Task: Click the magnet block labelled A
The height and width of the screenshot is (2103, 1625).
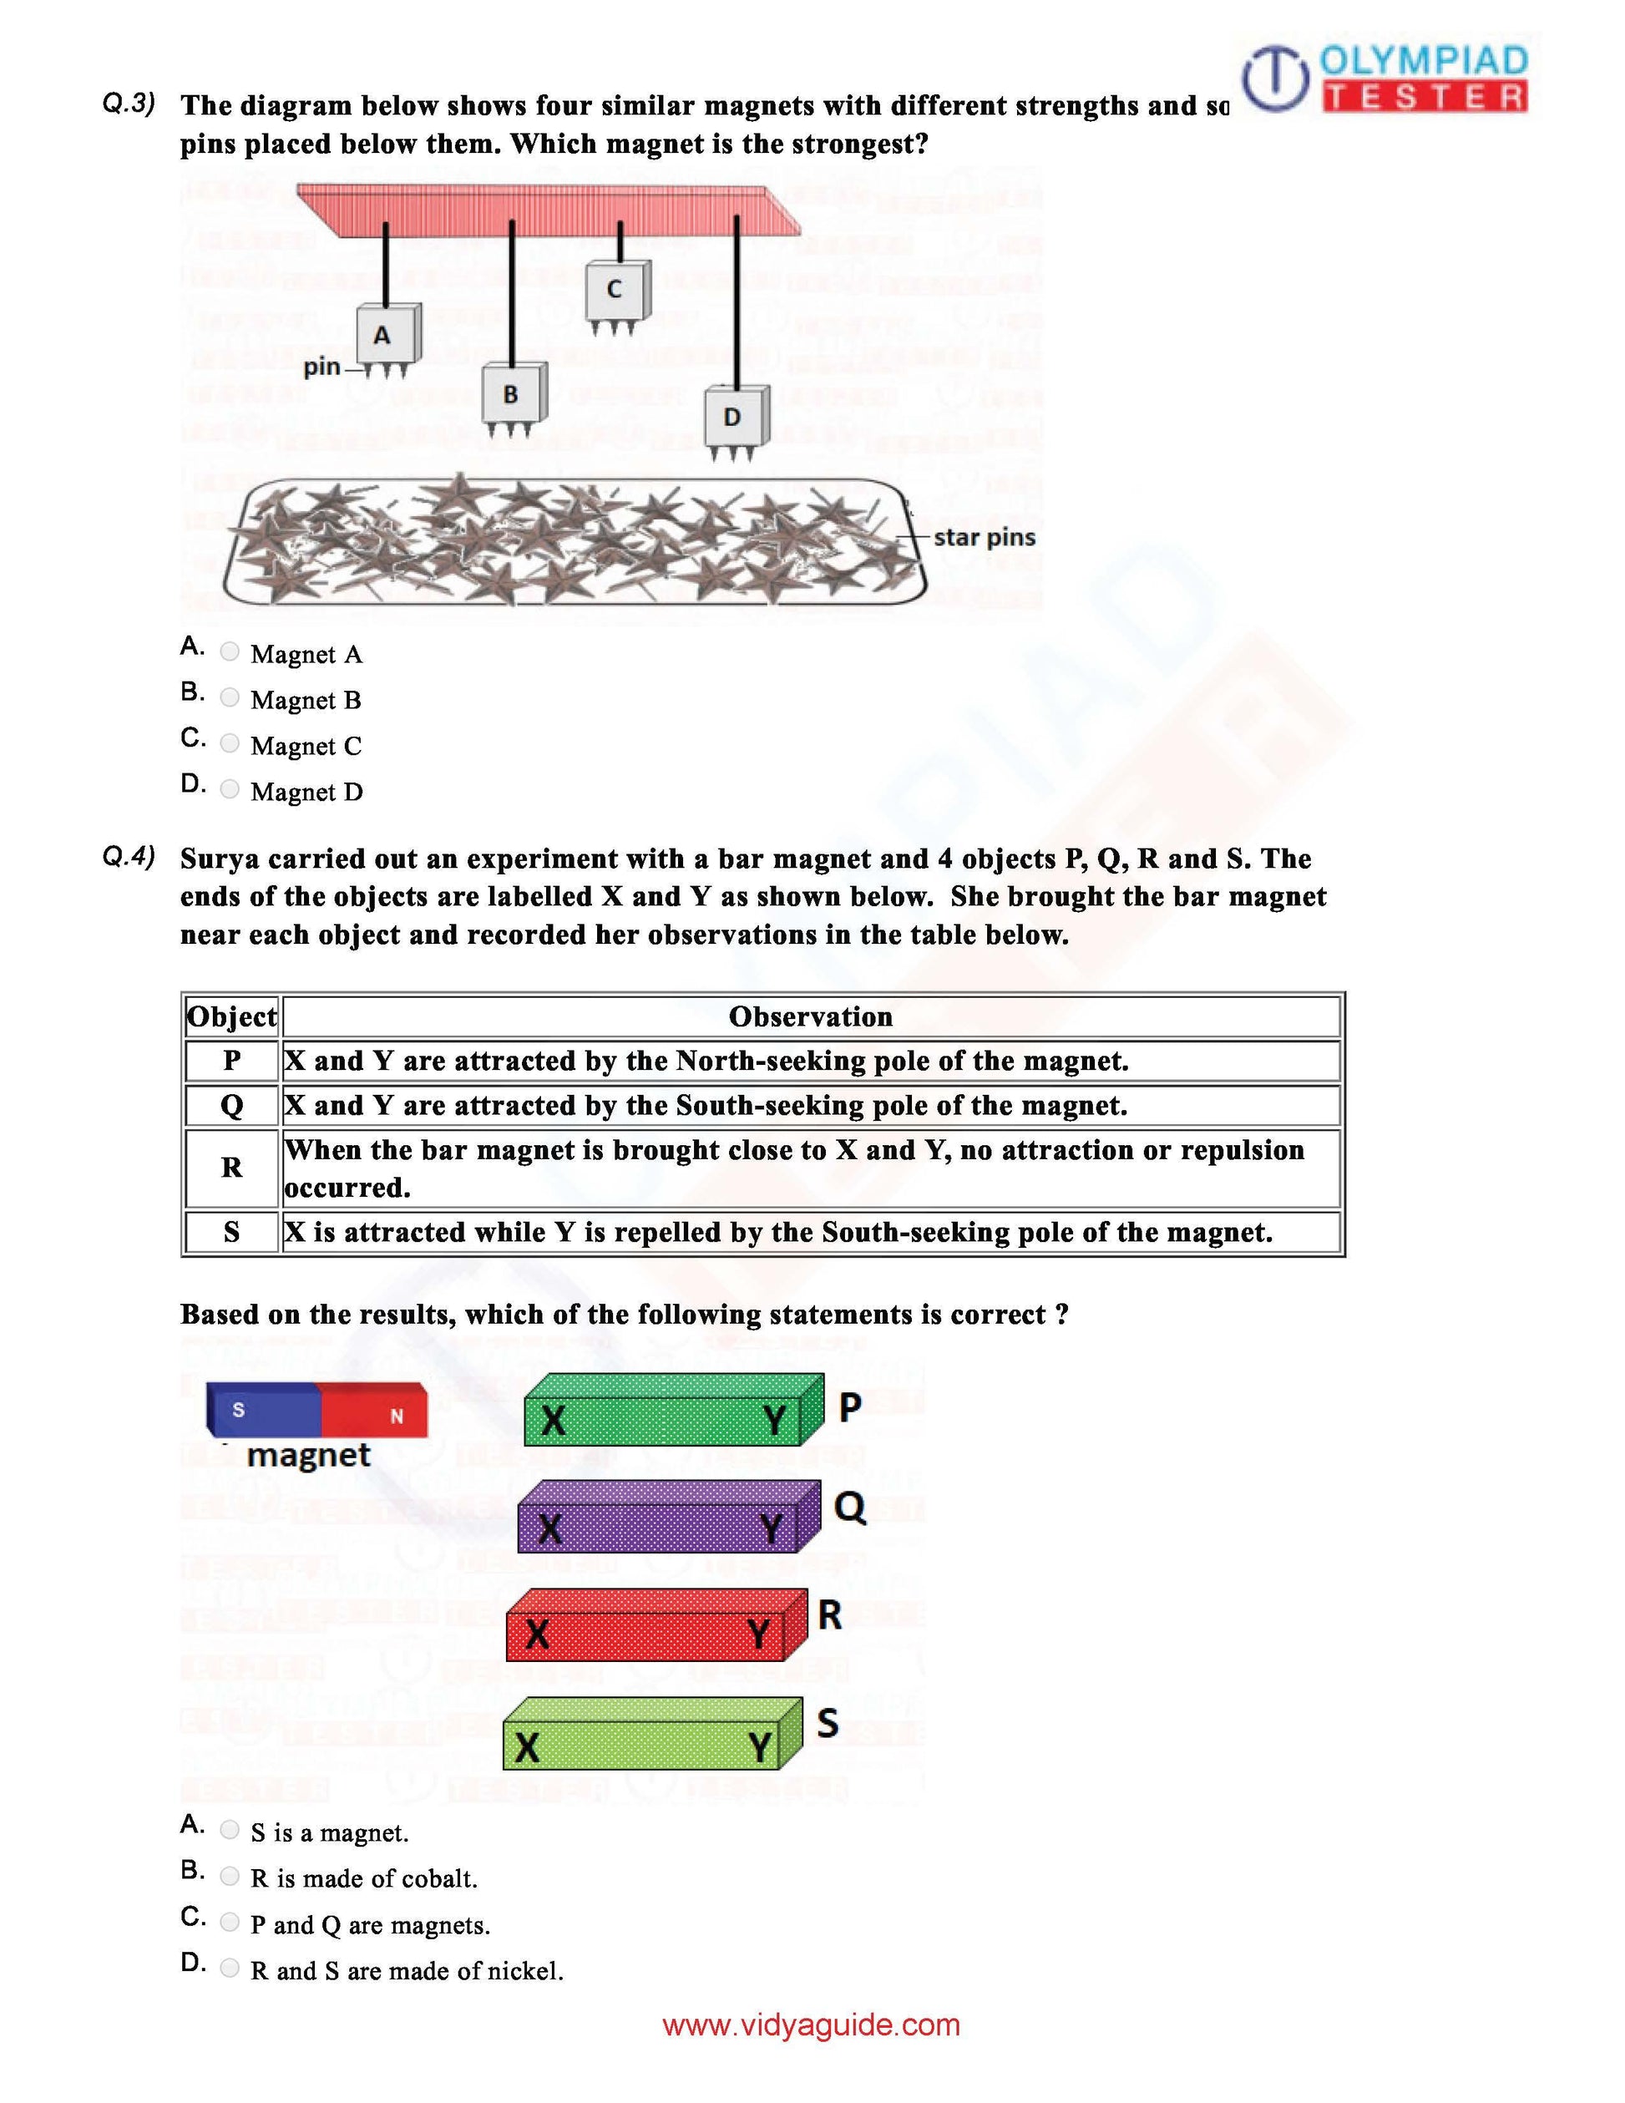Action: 386,334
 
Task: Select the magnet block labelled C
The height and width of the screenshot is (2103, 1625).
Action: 615,290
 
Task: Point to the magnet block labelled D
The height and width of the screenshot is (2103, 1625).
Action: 735,416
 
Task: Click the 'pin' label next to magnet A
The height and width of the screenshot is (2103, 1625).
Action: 321,367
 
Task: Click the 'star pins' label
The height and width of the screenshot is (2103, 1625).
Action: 984,537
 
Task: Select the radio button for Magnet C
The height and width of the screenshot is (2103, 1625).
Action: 229,742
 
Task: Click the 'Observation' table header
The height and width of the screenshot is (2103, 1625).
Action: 811,1016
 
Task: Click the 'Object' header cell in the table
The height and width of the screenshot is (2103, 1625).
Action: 232,1016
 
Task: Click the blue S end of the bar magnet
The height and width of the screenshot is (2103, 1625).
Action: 262,1411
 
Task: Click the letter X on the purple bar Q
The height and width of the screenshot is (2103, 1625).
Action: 549,1528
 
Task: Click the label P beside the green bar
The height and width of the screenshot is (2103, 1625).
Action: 849,1408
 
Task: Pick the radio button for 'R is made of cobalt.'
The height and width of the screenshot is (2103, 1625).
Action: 229,1875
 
